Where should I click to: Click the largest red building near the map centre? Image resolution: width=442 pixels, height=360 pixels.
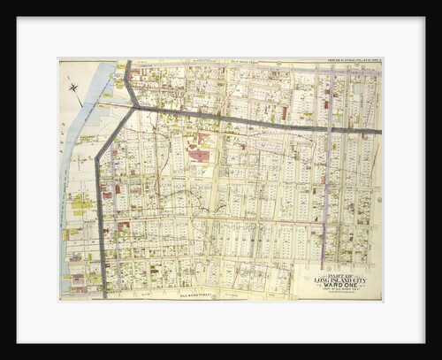200,156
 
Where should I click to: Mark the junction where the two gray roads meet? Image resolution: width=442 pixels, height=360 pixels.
133,107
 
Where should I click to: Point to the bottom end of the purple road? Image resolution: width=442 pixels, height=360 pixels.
324,264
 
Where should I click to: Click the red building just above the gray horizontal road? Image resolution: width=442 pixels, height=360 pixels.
284,113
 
